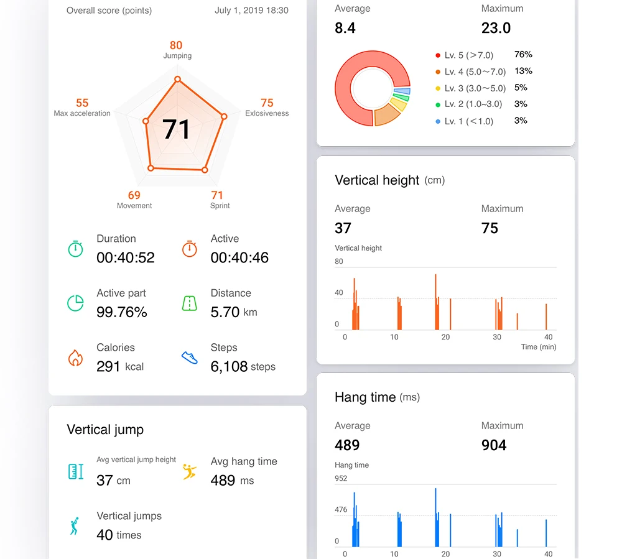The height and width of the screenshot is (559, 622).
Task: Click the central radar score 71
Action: [x=176, y=129]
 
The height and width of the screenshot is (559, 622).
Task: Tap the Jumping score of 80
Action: [x=176, y=45]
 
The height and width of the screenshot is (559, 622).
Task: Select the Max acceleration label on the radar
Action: [x=82, y=113]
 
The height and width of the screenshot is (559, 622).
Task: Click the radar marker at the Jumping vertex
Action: [x=178, y=80]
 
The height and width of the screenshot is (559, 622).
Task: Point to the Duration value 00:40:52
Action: [x=126, y=257]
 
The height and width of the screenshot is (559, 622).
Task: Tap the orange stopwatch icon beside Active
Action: [x=190, y=249]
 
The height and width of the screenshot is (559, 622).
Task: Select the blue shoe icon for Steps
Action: [x=190, y=357]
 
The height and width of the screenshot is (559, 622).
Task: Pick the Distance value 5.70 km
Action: [x=234, y=312]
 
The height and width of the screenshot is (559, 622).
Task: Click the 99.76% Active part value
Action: [x=122, y=312]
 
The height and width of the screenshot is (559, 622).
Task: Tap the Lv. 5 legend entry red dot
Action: [x=438, y=55]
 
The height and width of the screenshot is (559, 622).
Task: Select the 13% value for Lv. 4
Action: [x=523, y=71]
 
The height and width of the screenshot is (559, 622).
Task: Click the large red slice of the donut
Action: [x=349, y=99]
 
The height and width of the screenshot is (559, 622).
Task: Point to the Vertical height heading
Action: [x=377, y=180]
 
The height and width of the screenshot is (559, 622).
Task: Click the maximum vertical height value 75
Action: [x=490, y=228]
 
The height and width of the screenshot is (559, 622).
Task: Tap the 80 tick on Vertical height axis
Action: [x=339, y=261]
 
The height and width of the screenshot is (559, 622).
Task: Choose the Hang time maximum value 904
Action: [x=494, y=445]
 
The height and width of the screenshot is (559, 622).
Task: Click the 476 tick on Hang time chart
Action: [x=341, y=509]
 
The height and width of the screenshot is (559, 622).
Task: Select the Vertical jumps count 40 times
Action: [x=119, y=535]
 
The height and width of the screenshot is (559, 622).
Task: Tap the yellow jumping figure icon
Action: [x=190, y=471]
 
